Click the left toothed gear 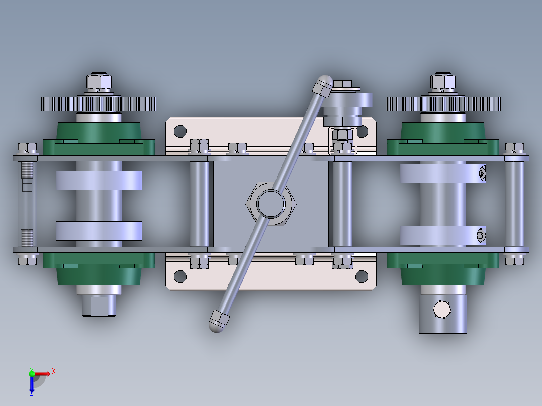pyautogui.click(x=99, y=104)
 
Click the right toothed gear pyautogui.click(x=443, y=104)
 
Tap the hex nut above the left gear pyautogui.click(x=99, y=82)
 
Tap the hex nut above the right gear pyautogui.click(x=443, y=82)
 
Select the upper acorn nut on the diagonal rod pyautogui.click(x=323, y=85)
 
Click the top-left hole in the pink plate pyautogui.click(x=180, y=131)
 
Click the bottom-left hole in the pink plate pyautogui.click(x=180, y=276)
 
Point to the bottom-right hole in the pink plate pyautogui.click(x=362, y=276)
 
